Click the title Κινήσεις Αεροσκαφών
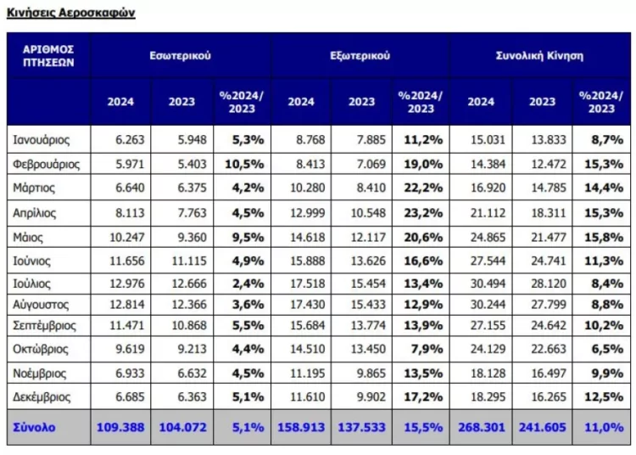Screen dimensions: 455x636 [71, 14]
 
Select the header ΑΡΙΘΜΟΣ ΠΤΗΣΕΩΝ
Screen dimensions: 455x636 [48, 56]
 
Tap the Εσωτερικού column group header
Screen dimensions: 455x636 [180, 56]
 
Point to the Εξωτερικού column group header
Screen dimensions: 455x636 [360, 56]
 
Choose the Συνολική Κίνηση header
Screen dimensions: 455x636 [539, 56]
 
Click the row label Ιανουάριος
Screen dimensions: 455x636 [42, 138]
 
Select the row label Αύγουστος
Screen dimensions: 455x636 [41, 304]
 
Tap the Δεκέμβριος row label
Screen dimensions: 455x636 [42, 396]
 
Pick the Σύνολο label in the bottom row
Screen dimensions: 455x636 [35, 427]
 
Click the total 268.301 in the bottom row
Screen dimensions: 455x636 [481, 427]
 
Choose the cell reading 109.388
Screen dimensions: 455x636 [120, 427]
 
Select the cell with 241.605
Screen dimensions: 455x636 [542, 427]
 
